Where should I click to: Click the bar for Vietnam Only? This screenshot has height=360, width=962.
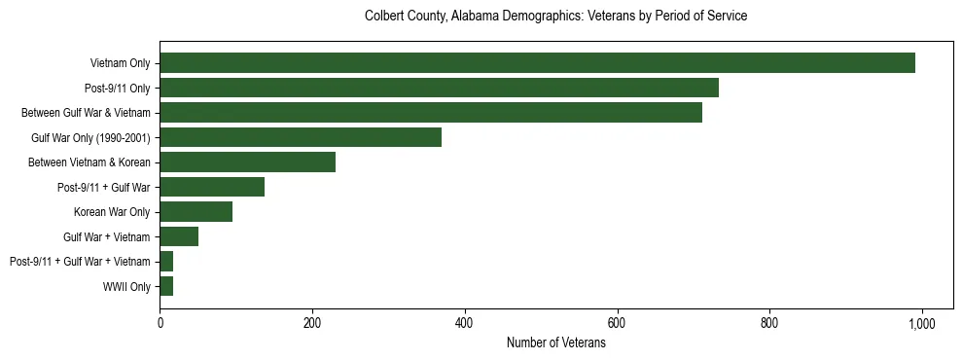(537, 63)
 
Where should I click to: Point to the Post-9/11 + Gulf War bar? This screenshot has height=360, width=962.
(212, 187)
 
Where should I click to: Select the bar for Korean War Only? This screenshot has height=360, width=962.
(196, 212)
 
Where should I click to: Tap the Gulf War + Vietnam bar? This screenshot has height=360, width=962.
(179, 236)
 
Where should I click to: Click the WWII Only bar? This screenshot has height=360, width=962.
(166, 286)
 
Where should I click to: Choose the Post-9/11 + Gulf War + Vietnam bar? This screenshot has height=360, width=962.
(166, 262)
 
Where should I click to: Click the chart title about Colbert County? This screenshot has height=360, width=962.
(555, 17)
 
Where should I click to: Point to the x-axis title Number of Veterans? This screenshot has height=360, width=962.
(555, 343)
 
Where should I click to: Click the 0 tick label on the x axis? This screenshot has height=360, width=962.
(160, 323)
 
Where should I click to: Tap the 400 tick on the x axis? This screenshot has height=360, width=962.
(464, 323)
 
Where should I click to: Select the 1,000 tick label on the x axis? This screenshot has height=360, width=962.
(921, 323)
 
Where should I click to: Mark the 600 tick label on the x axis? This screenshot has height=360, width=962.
(617, 323)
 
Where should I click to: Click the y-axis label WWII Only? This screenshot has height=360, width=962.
(126, 287)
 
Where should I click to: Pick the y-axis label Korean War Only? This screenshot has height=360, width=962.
(112, 212)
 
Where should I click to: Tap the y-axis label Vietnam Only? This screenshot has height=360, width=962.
(120, 63)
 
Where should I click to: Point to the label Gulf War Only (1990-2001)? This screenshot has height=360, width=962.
(90, 138)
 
